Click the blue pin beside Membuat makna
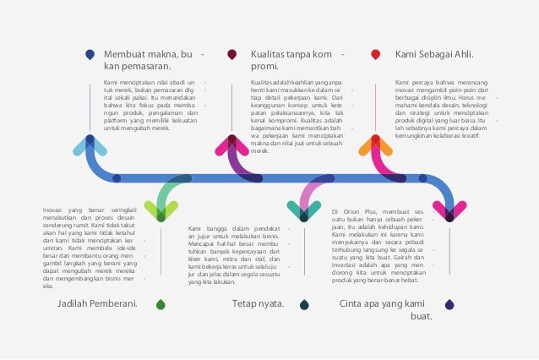pos(90,55)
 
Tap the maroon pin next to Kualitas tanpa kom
pos(232,55)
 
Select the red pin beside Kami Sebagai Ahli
pos(375,55)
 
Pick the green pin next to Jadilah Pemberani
pos(161,304)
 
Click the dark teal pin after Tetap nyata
pos(304,304)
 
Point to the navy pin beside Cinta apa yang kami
pos(449,304)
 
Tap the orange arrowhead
pos(375,144)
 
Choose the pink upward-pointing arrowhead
pos(232,144)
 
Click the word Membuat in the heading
pos(127,55)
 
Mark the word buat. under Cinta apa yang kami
pos(420,317)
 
